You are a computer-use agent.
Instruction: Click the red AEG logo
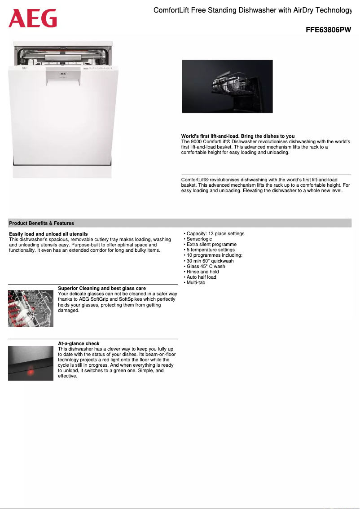coord(33,18)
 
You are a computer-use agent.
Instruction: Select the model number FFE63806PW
coord(328,30)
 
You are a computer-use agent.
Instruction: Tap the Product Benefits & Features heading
coord(42,223)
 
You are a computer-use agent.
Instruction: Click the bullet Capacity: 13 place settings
coord(215,234)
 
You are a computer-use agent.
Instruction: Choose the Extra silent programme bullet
coord(211,245)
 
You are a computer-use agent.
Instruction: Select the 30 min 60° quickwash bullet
coord(210,261)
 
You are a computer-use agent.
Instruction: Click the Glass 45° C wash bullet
coord(206,266)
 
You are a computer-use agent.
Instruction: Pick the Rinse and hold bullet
coord(202,272)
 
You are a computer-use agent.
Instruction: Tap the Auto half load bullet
coord(201,277)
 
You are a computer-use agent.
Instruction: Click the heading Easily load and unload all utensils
coord(48,234)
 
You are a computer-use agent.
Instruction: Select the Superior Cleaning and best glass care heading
coord(102,288)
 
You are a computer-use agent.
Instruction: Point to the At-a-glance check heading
coord(79,343)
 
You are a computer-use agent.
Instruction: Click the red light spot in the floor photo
coord(31,372)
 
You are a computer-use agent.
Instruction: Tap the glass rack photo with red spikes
coord(31,308)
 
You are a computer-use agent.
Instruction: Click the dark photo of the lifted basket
coord(227,86)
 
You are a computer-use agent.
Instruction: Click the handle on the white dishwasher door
coord(63,79)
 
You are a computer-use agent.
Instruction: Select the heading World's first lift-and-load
coord(238,136)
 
